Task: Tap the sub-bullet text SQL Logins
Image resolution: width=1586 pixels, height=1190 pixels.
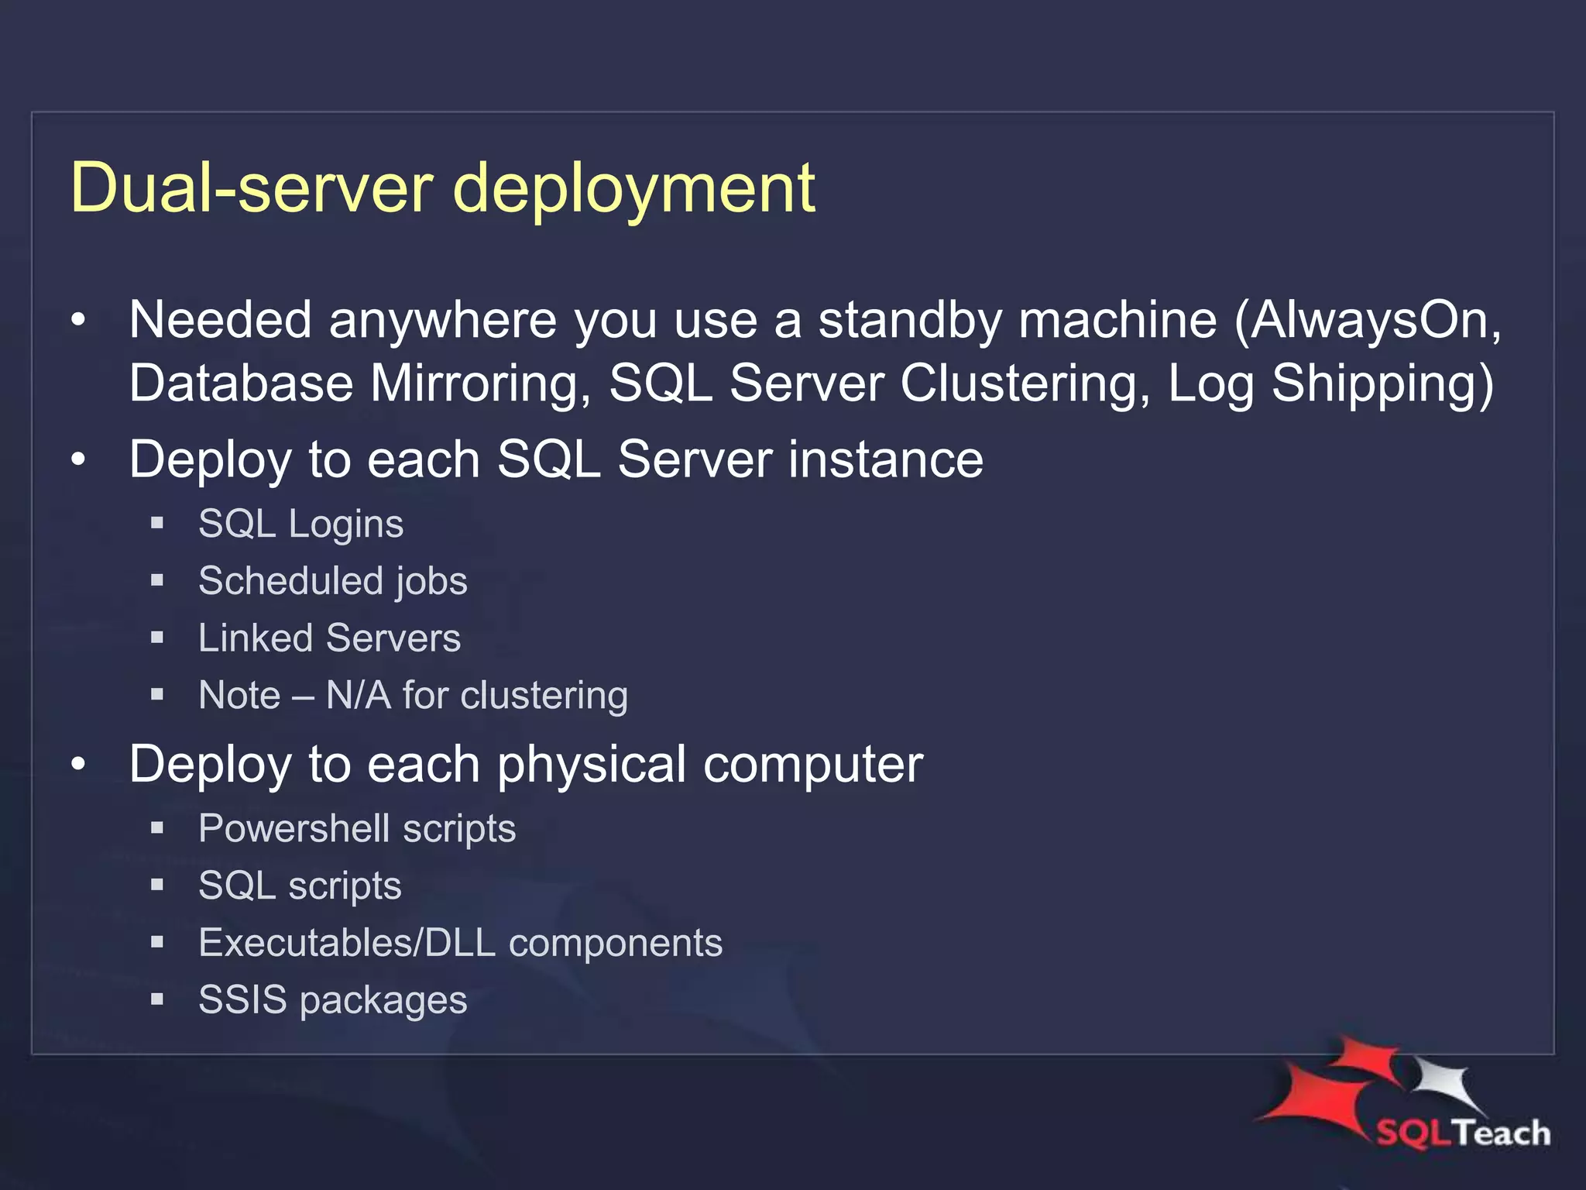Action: point(300,524)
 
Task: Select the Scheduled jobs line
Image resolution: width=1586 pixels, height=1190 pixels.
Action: point(332,581)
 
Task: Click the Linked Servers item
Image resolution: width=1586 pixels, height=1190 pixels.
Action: point(329,638)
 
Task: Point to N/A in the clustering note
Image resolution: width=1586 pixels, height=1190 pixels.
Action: point(358,695)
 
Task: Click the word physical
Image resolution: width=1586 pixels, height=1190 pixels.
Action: point(592,765)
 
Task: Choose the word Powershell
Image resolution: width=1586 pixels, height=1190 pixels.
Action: point(294,829)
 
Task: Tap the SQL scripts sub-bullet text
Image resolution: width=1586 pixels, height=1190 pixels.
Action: point(300,886)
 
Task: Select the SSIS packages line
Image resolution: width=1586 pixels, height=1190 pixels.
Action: point(332,1000)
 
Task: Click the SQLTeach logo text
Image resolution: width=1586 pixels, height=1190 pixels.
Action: point(1463,1133)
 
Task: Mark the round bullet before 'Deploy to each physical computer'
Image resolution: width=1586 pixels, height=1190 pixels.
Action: point(78,765)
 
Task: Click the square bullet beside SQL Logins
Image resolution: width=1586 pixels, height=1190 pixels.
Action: point(157,524)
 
